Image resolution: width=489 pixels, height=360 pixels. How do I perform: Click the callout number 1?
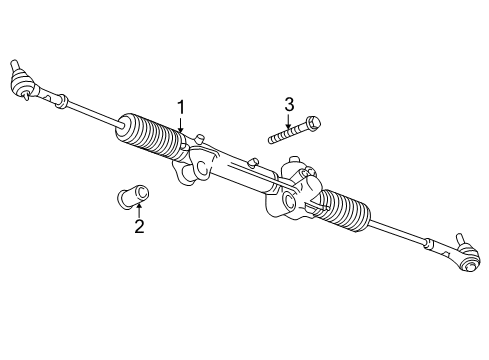[x=181, y=107]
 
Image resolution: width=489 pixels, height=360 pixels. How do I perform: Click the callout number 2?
[x=139, y=227]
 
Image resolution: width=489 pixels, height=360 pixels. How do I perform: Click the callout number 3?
[x=290, y=104]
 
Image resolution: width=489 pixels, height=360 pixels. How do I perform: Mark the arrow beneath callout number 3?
[x=290, y=122]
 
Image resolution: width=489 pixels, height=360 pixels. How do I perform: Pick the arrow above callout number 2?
[x=139, y=207]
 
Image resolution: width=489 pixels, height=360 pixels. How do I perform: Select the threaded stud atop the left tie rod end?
[x=17, y=63]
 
